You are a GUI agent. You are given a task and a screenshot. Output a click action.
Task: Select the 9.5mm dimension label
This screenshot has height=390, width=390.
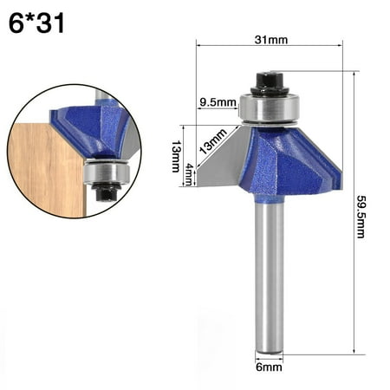pyautogui.click(x=218, y=102)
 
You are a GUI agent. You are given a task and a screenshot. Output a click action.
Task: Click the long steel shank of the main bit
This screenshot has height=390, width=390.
pyautogui.click(x=268, y=277)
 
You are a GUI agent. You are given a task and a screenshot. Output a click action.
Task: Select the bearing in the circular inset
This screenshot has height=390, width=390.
pyautogui.click(x=104, y=173)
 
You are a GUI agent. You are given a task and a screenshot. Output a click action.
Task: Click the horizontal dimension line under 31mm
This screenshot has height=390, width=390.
pyautogui.click(x=270, y=49)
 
